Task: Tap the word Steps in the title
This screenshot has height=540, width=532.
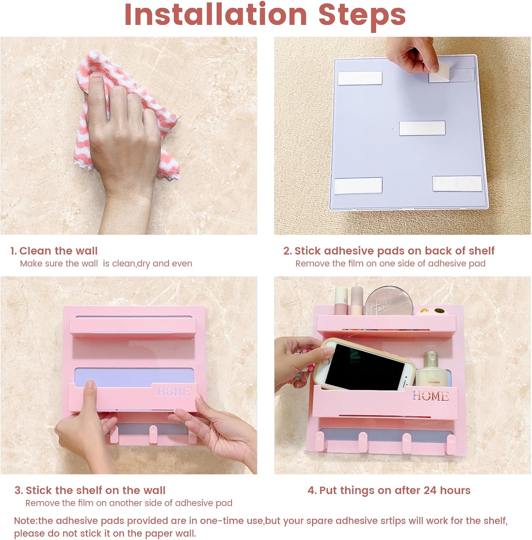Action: click(x=362, y=17)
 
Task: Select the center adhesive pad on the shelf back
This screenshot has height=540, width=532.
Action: click(x=422, y=129)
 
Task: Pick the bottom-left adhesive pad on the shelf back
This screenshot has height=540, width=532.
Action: click(x=358, y=185)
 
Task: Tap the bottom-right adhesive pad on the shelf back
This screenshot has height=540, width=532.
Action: click(x=457, y=184)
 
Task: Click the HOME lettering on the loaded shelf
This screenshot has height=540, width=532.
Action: click(x=430, y=396)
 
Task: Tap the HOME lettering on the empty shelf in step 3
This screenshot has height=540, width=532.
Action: click(x=173, y=391)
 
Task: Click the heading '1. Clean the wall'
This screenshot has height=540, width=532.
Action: click(x=54, y=251)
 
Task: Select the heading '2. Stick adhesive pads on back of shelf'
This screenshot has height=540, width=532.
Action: click(x=389, y=251)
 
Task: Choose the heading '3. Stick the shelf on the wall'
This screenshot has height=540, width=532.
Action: click(x=90, y=490)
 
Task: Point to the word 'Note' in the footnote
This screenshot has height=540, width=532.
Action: click(x=25, y=521)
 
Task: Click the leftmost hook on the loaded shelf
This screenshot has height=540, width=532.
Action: click(x=320, y=441)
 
